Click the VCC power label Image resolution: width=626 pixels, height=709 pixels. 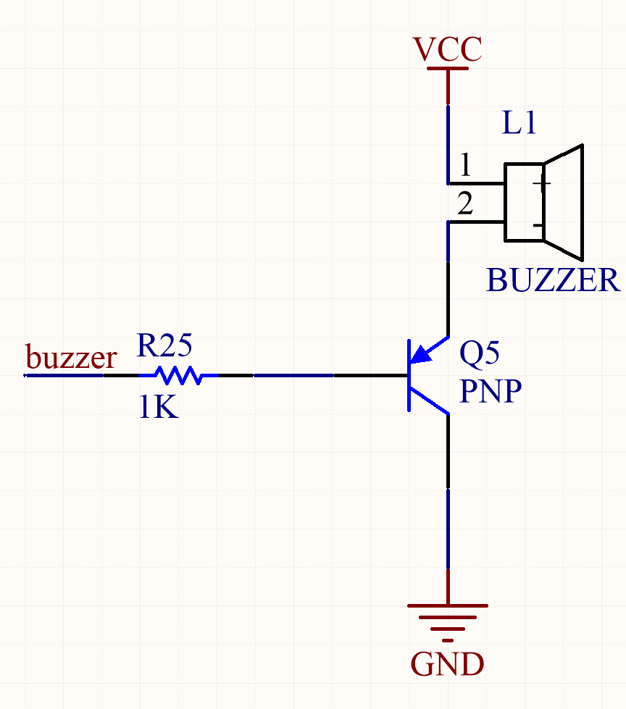coord(447,50)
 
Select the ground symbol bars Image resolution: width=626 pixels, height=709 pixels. coord(447,617)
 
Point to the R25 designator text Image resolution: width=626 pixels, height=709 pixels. coord(164,347)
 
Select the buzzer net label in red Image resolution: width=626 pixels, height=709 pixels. coord(71,357)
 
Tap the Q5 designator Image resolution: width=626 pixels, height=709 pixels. coord(479,353)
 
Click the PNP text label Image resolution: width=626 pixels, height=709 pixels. coord(490,392)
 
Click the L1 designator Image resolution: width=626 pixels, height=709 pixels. coord(519,124)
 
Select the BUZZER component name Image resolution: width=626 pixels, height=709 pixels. coord(554,280)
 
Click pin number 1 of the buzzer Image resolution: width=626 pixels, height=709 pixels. coord(465,167)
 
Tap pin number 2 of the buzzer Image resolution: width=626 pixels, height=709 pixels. coord(465,206)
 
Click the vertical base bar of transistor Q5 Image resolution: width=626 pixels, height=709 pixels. coord(408,375)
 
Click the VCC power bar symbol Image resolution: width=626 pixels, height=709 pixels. coord(447,69)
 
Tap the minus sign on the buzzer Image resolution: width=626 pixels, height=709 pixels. coord(539,225)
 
